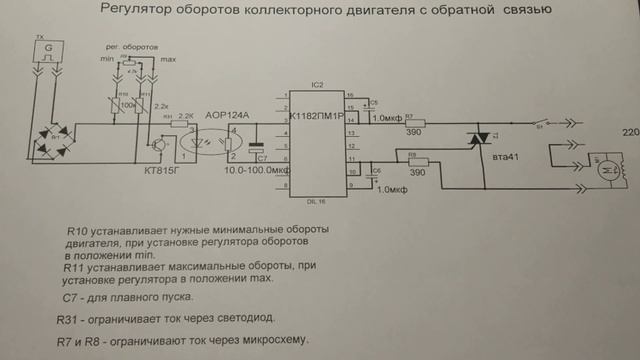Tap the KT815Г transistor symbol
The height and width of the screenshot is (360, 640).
pos(160,143)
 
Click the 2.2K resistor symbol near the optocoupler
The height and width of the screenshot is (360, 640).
pos(184,125)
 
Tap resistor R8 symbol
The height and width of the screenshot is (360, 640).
pos(416,159)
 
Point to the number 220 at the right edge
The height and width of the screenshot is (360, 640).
pos(630,134)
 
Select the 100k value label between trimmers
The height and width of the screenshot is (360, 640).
pos(127,103)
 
